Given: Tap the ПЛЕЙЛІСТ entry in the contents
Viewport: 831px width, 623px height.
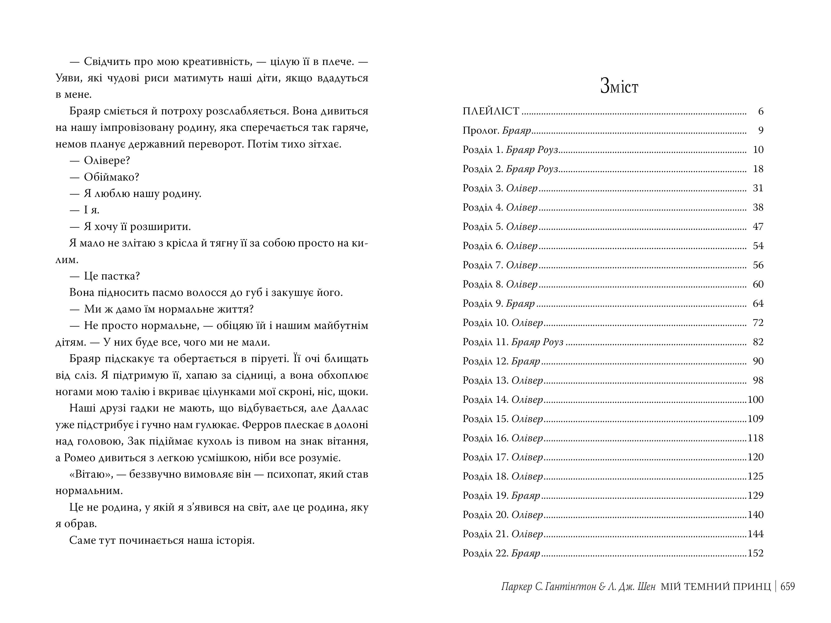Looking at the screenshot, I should pos(491,111).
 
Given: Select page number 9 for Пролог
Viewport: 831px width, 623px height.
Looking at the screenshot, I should pos(761,130).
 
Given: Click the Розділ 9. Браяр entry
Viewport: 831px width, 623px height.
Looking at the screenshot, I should pos(498,303).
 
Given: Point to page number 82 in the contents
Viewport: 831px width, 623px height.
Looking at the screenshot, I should pos(758,342).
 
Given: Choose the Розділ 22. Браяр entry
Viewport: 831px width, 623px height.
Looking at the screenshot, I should pos(501,553).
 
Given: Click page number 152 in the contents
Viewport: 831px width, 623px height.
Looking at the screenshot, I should pos(755,553).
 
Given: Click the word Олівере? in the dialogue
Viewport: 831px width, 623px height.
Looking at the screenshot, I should pos(107,161).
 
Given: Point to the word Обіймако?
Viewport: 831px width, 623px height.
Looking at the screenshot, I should pos(112,177).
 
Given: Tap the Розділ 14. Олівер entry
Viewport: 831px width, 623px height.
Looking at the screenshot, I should pos(503,400).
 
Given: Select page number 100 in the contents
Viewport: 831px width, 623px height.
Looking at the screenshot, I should pos(755,400).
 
